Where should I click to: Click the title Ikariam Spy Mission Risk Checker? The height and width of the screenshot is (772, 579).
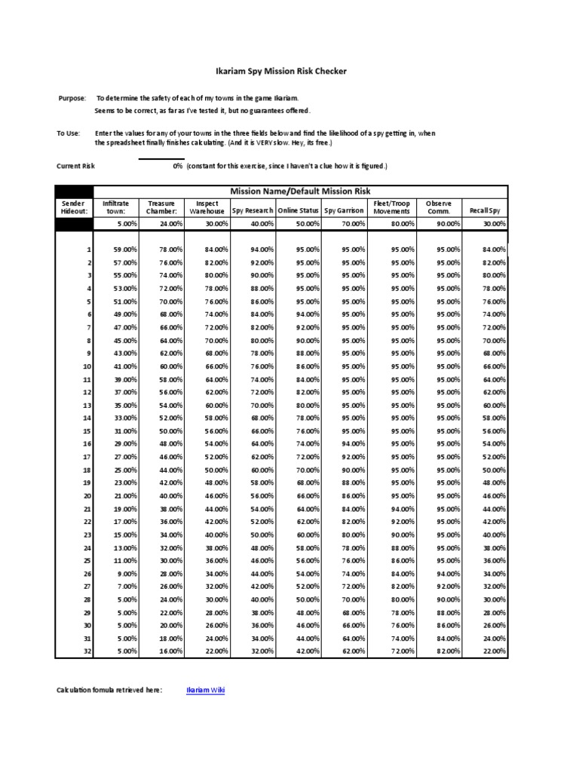click(x=277, y=72)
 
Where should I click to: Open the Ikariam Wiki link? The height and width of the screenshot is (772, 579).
click(x=205, y=690)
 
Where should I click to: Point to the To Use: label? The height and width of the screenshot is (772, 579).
click(x=69, y=133)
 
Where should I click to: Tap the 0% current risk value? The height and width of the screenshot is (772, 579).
click(x=178, y=166)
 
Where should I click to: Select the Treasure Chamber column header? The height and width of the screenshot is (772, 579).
click(x=161, y=207)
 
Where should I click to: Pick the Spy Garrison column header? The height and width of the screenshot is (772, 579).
click(x=344, y=211)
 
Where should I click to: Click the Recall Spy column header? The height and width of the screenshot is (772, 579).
click(x=484, y=211)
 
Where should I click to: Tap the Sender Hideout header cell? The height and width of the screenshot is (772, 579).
click(x=75, y=207)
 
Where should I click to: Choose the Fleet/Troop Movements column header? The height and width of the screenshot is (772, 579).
click(x=392, y=207)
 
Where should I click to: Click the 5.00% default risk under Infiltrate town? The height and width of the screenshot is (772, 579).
click(x=126, y=224)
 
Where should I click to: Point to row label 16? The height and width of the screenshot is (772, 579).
click(x=87, y=444)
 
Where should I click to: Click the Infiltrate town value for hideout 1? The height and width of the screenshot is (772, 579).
click(x=124, y=250)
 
